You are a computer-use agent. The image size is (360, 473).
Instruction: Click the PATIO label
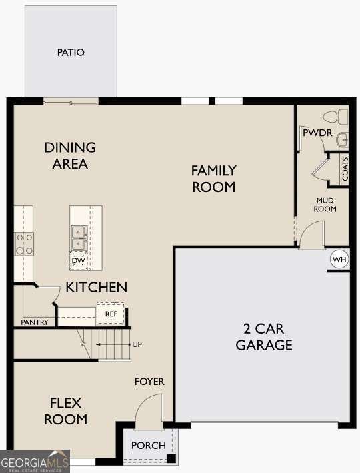71,52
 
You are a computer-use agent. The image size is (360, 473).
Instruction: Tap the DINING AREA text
70,155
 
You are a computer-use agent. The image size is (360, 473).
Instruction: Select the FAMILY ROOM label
214,179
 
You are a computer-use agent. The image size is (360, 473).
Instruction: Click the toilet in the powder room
341,117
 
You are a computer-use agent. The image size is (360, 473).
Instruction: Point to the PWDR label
317,133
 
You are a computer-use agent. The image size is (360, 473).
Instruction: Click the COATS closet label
345,169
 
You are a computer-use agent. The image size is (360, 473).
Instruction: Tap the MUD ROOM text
326,204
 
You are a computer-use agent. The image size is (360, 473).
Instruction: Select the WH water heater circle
339,259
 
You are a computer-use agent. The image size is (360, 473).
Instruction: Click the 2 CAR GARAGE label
262,336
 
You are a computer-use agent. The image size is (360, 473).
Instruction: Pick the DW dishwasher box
78,260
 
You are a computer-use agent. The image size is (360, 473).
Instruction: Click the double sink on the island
79,233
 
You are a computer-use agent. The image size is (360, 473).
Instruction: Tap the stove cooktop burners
25,244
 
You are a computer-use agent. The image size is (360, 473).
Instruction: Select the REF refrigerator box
111,313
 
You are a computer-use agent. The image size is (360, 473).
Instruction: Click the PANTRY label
35,322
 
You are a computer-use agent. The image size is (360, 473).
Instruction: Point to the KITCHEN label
96,288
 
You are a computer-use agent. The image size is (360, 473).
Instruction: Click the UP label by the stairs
137,344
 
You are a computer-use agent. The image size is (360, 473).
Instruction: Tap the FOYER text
149,382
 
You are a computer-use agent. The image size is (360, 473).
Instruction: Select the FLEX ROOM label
66,411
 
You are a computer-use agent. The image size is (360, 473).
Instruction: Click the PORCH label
147,446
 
